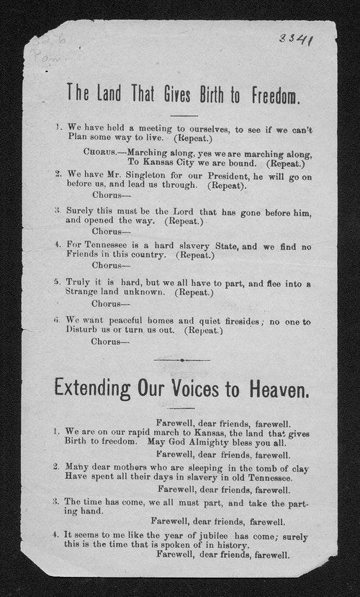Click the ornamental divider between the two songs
tap(183, 359)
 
